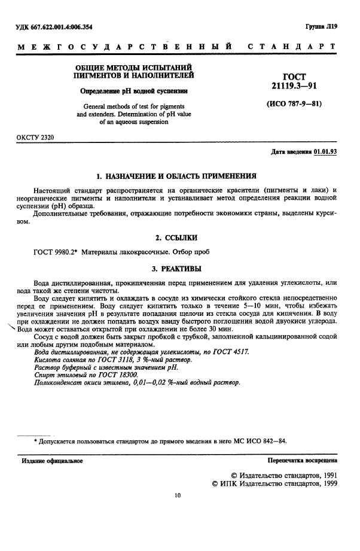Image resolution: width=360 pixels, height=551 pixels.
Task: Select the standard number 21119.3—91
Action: (x=293, y=87)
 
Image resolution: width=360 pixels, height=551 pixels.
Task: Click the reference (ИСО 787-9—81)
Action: (x=293, y=103)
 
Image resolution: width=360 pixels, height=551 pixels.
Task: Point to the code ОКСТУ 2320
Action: (x=34, y=138)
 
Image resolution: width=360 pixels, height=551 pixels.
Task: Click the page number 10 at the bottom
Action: (x=177, y=495)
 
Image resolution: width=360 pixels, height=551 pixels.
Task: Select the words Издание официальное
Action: (x=52, y=461)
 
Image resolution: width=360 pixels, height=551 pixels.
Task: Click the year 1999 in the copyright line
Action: (x=325, y=483)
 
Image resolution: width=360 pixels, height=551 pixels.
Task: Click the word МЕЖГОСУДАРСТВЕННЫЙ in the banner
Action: (x=126, y=46)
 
